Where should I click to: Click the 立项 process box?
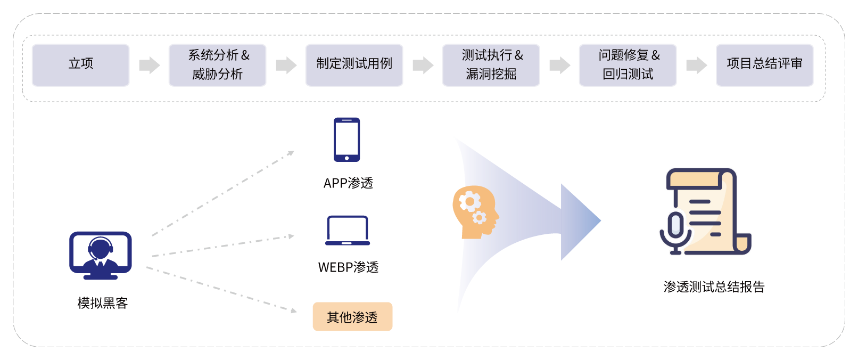tap(81, 64)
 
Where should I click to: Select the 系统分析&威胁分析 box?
tap(218, 64)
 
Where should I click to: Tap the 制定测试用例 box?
tap(354, 64)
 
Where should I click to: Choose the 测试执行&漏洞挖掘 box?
tap(491, 64)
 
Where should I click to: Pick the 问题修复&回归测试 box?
tap(628, 64)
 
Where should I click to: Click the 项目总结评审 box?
tap(765, 64)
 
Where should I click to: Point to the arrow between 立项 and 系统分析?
tap(149, 65)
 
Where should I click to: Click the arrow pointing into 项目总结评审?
tap(696, 65)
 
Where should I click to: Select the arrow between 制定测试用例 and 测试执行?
tap(423, 65)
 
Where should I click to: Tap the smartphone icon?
tap(347, 140)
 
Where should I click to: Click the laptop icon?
tap(348, 231)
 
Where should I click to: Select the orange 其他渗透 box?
tap(352, 317)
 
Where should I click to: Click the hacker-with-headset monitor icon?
tap(101, 255)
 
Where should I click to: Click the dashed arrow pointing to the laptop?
tap(224, 246)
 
